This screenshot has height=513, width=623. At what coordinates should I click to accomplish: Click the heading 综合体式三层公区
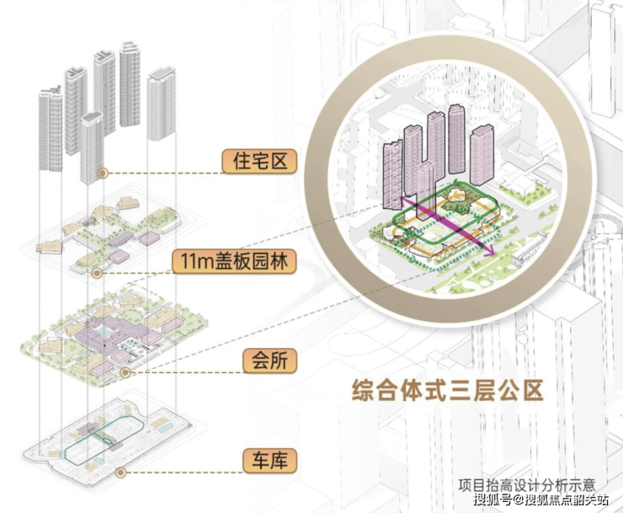[447, 391]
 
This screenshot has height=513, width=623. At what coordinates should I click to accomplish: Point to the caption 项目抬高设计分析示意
[527, 485]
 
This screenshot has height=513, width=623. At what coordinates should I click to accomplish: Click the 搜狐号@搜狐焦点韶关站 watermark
[534, 502]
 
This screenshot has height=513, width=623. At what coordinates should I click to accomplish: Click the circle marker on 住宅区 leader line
[102, 172]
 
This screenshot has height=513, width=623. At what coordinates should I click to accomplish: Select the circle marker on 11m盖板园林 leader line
[97, 272]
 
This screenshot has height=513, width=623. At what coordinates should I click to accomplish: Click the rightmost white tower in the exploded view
[161, 105]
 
